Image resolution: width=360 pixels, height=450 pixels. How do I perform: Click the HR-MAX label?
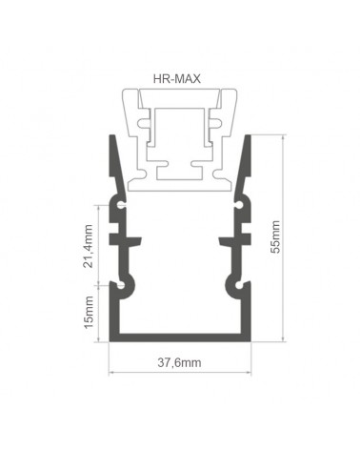point(177,78)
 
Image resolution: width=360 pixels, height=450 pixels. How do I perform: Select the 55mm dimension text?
point(275,236)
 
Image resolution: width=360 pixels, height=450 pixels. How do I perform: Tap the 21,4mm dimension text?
point(88,246)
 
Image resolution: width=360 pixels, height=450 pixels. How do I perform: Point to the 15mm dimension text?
point(89,313)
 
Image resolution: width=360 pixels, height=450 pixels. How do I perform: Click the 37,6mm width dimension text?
point(179,362)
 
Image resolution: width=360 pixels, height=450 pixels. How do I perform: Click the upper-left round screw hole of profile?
point(121,205)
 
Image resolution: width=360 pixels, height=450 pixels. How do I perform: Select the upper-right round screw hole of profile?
point(239,205)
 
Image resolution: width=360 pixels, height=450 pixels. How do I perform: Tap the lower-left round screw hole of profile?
point(121,285)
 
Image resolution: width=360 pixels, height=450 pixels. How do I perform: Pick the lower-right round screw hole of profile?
point(240,285)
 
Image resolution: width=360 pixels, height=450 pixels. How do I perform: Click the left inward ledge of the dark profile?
point(126,240)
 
